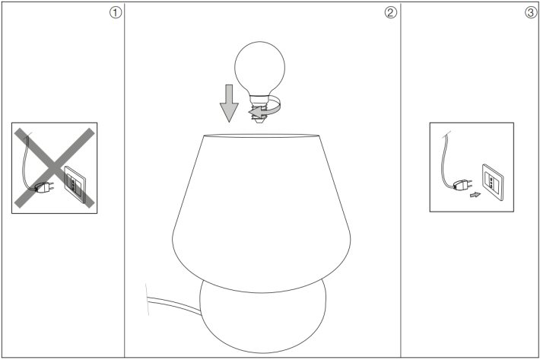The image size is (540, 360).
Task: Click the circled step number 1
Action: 116,13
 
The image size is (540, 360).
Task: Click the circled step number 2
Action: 390,13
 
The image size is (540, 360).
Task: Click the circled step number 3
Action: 531,13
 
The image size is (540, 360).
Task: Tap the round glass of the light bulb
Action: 260,67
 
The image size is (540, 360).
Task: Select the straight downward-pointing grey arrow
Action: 229,103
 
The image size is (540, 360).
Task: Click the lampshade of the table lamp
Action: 262,214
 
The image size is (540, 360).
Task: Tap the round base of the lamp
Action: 262,320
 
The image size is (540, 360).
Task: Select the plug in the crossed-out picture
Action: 44,187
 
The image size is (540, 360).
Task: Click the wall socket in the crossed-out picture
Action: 75,183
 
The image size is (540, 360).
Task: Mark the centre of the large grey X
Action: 54,167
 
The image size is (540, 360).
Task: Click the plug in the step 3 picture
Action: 462,185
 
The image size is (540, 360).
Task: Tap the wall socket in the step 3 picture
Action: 493,182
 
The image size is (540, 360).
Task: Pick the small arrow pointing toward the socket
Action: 475,195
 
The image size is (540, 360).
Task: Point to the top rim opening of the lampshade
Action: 262,135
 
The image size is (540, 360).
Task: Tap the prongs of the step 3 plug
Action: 470,183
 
